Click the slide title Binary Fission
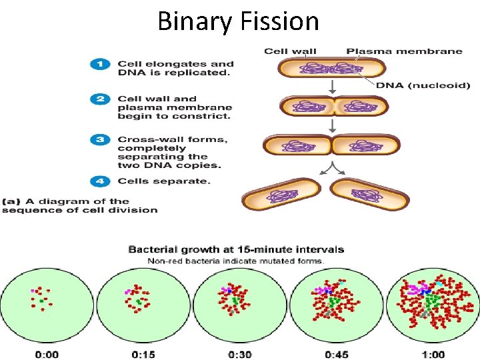coord(238,21)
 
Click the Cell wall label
coord(290,51)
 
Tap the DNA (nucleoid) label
coord(423,85)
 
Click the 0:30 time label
coord(239,354)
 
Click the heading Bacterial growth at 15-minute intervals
coord(236,249)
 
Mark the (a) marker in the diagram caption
coord(11,201)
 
